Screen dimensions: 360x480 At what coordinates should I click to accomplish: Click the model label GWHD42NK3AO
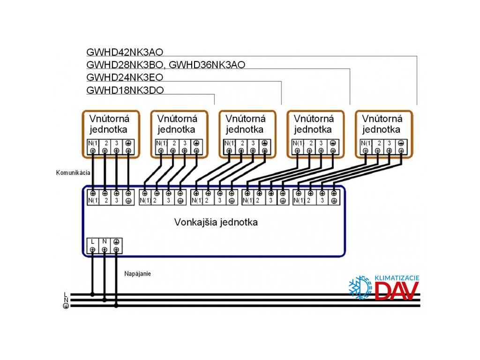pyautogui.click(x=125, y=52)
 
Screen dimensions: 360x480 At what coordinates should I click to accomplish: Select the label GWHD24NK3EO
pyautogui.click(x=125, y=77)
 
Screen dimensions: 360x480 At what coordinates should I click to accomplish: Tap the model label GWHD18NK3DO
pyautogui.click(x=125, y=90)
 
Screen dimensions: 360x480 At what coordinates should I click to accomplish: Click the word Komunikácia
pyautogui.click(x=72, y=173)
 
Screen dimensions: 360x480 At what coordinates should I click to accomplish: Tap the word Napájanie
pyautogui.click(x=138, y=273)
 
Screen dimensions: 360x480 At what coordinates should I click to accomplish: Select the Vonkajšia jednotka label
pyautogui.click(x=216, y=222)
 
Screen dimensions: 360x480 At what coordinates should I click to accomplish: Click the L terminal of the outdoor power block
pyautogui.click(x=92, y=242)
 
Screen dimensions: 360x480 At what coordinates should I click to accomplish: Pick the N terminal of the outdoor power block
pyautogui.click(x=105, y=242)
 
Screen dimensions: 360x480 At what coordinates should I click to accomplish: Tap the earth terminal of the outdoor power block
pyautogui.click(x=116, y=242)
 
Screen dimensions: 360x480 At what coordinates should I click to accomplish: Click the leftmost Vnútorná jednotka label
pyautogui.click(x=108, y=124)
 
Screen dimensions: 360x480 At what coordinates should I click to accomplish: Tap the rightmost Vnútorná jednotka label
pyautogui.click(x=382, y=124)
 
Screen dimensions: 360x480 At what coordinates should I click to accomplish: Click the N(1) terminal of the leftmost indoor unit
pyautogui.click(x=92, y=143)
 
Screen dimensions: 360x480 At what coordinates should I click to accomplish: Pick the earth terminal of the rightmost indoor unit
pyautogui.click(x=401, y=143)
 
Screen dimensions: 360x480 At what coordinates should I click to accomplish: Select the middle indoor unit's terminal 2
pyautogui.click(x=242, y=143)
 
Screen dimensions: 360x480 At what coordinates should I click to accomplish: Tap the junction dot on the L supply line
pyautogui.click(x=92, y=295)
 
